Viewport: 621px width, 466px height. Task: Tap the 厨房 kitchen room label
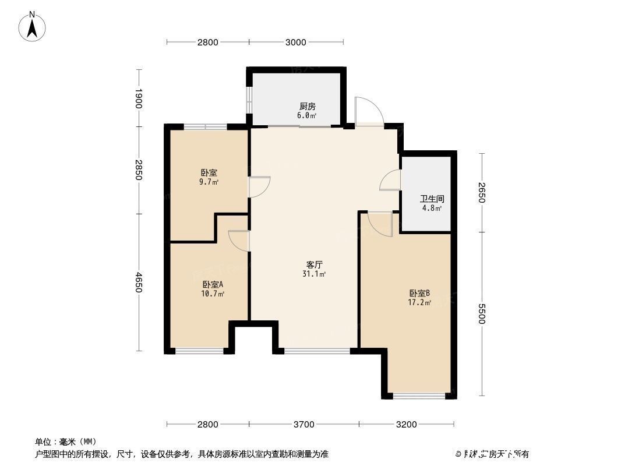pos(307,107)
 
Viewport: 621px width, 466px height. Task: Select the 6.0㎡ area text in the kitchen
pos(307,115)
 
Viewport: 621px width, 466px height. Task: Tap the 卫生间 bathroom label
pos(432,199)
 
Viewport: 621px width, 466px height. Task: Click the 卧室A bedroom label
pos(213,284)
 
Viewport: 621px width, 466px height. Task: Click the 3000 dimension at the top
pos(296,42)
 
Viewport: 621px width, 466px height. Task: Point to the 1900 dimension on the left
pos(138,98)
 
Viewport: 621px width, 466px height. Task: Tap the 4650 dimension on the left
pos(138,282)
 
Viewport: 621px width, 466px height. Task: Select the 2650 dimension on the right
pos(482,192)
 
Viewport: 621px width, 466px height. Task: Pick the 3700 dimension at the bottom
pos(304,424)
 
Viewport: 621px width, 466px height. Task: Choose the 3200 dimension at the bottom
pos(406,424)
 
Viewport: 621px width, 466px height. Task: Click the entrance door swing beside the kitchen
pos(369,111)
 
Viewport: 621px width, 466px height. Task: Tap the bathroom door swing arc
pos(389,181)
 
